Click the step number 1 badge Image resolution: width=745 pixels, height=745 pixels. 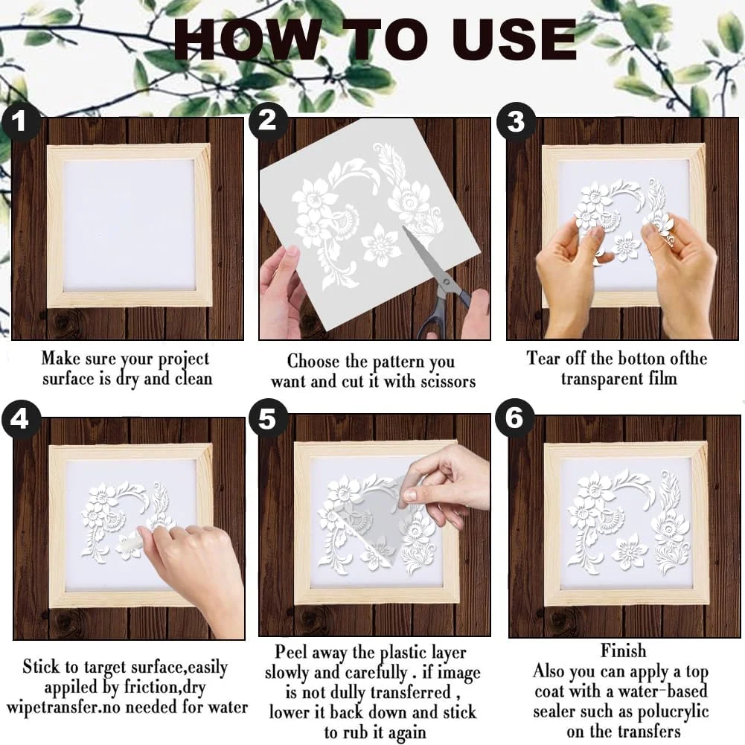tap(19, 122)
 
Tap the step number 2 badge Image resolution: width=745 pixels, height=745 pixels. tap(267, 121)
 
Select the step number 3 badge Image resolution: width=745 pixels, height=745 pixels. tap(516, 121)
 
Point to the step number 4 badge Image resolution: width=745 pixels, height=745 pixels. tap(20, 419)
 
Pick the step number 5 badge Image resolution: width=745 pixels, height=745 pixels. tap(268, 418)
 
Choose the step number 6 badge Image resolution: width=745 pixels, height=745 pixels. tap(514, 418)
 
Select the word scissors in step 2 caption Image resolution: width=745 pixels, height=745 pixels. tap(448, 381)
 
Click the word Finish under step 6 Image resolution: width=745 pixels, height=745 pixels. tap(624, 650)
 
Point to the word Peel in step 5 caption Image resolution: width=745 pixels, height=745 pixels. tap(290, 651)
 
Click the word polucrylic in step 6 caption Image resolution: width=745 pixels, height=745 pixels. tap(673, 712)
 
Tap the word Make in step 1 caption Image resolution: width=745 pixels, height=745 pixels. tap(60, 358)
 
